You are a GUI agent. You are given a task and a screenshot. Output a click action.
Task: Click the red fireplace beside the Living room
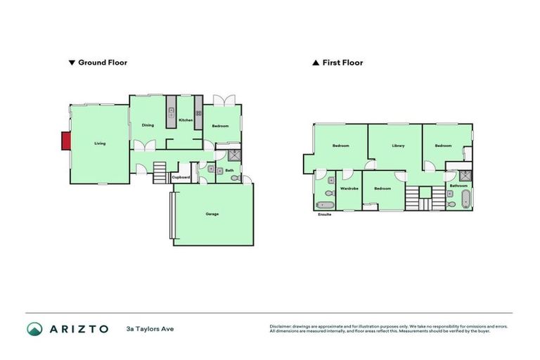coord(66,141)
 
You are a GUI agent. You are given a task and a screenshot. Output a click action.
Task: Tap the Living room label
coord(100,143)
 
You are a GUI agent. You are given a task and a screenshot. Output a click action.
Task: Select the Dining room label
coord(148,125)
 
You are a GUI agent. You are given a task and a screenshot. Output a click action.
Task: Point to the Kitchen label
coord(186,120)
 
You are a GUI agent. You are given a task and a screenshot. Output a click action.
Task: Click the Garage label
coord(212,213)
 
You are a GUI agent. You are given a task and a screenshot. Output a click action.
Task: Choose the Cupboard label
coord(181,177)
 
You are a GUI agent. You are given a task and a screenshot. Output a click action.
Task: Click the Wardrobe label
coord(349,188)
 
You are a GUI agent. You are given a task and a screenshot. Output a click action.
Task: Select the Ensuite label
coord(324,214)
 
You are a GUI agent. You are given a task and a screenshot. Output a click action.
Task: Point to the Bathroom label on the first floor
coord(458,186)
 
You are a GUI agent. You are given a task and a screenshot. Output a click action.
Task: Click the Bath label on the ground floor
coord(229,170)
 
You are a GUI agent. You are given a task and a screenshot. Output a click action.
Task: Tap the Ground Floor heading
coord(102,63)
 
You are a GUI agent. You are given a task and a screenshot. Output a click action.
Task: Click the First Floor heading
coord(342,63)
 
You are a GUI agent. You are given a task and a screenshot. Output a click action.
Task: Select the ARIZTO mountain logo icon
coord(34,328)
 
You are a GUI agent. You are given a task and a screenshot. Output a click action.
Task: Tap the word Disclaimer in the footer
coord(282,326)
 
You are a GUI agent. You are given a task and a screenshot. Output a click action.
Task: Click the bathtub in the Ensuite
coord(326,205)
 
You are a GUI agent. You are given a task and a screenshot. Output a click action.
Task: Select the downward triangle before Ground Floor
coord(72,63)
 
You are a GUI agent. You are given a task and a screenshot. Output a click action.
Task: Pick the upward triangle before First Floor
coord(316,63)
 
